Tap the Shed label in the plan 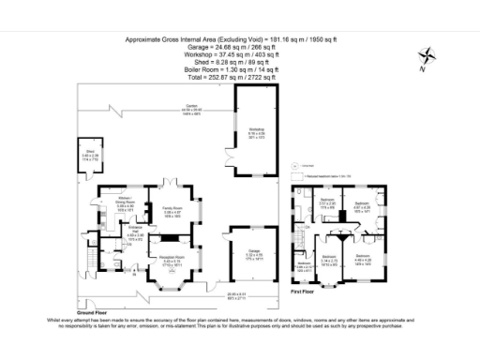[x=90, y=157]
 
